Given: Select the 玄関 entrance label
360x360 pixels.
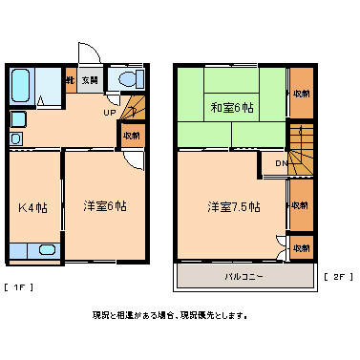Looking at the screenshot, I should pos(89,80).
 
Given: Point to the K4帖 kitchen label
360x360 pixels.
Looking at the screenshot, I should pos(31,206).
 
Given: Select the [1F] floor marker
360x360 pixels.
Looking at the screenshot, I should pos(19,286).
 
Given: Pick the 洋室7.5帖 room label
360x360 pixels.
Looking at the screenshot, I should pos(233,205).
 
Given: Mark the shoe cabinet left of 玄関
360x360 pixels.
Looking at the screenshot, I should pos(70,80).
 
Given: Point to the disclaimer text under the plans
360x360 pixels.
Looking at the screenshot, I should pos(169,315).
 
